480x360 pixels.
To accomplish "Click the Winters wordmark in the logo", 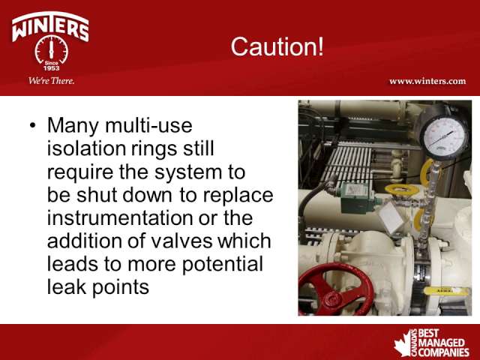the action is (x=50, y=27).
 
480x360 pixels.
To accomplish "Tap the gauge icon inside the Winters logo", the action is (x=52, y=49).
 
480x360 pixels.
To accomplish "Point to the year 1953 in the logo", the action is (x=52, y=68).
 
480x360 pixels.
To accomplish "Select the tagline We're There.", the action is (x=51, y=81).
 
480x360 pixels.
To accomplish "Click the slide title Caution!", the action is (x=277, y=46).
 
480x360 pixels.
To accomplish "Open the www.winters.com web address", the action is (x=427, y=82).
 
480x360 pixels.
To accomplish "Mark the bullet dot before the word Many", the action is (x=33, y=126).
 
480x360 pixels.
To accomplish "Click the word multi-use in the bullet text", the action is (x=148, y=125).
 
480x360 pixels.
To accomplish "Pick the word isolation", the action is (x=87, y=148).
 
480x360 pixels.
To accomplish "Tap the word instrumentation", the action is (x=120, y=217).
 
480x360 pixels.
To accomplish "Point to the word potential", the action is (x=222, y=265).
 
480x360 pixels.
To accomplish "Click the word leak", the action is (x=67, y=286).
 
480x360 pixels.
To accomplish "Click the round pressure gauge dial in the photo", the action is (x=444, y=135).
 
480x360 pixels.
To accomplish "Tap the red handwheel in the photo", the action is (x=336, y=289).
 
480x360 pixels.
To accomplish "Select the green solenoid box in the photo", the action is (x=358, y=197).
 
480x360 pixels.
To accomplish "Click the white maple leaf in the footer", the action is (x=403, y=343).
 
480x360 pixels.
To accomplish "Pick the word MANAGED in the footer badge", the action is (x=442, y=343).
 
